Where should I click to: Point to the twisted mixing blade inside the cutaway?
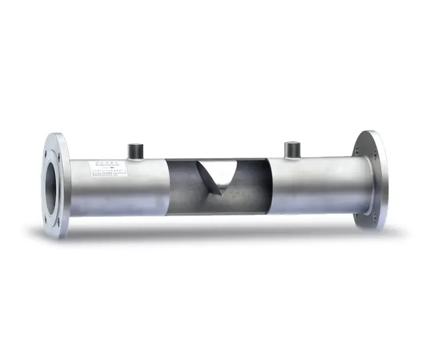[x=220, y=177]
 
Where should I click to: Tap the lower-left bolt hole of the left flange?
[x=47, y=218]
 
